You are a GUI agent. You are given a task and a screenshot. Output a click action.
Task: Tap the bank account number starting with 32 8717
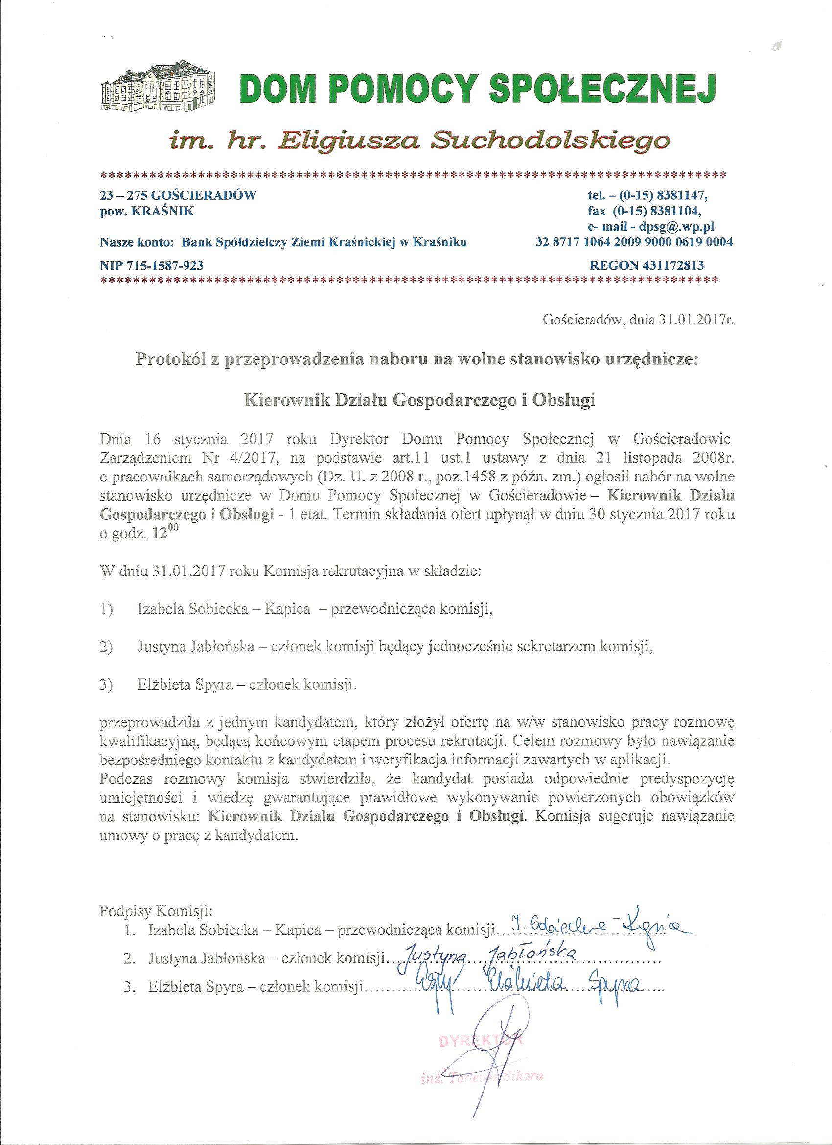pos(634,242)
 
